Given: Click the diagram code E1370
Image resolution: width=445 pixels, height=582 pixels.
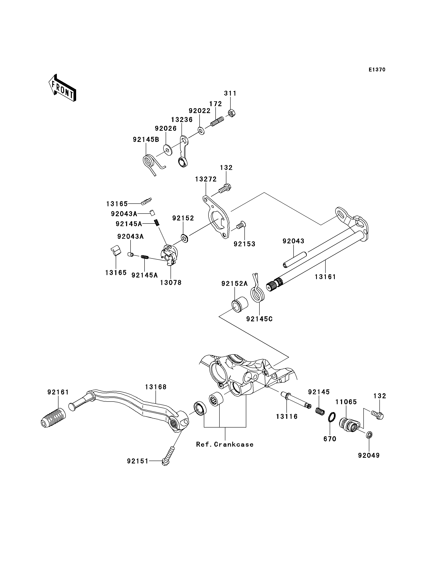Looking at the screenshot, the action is [377, 70].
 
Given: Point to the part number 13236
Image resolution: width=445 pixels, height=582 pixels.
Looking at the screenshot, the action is [182, 120].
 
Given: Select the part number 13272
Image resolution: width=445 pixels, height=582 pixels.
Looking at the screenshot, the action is [206, 179].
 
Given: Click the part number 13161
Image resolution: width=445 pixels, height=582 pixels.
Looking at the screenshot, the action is [325, 277].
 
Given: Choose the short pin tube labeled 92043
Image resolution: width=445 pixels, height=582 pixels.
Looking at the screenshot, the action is [294, 260].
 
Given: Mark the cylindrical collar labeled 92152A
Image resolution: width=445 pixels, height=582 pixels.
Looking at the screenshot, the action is [240, 305].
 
